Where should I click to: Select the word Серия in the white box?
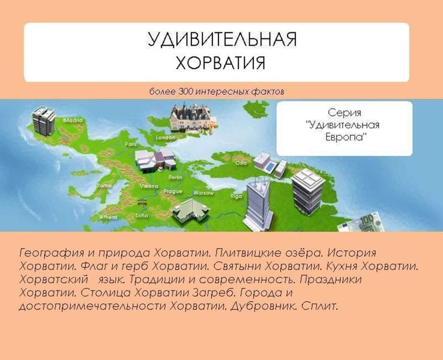pyautogui.click(x=344, y=113)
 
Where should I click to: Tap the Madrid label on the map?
pyautogui.click(x=73, y=120)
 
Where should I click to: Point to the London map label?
pyautogui.click(x=165, y=137)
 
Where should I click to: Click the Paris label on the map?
pyautogui.click(x=131, y=145)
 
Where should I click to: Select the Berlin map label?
pyautogui.click(x=175, y=178)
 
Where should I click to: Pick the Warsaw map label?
pyautogui.click(x=203, y=193)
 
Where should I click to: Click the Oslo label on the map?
pyautogui.click(x=241, y=163)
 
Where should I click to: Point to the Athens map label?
pyautogui.click(x=108, y=217)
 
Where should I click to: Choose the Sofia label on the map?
pyautogui.click(x=142, y=215)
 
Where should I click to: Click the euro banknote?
pyautogui.click(x=361, y=223)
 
